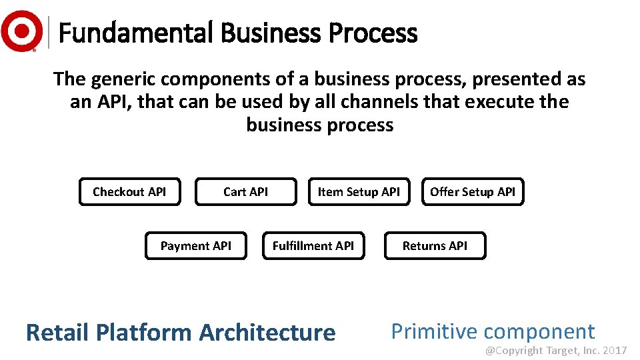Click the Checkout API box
[x=129, y=192]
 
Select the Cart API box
[x=245, y=192]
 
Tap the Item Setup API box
[x=359, y=192]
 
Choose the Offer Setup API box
[x=473, y=192]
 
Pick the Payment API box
[x=195, y=246]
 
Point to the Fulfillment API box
[x=313, y=246]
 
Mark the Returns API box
[x=435, y=246]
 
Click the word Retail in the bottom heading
[x=58, y=332]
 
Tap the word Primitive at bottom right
[x=434, y=331]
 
